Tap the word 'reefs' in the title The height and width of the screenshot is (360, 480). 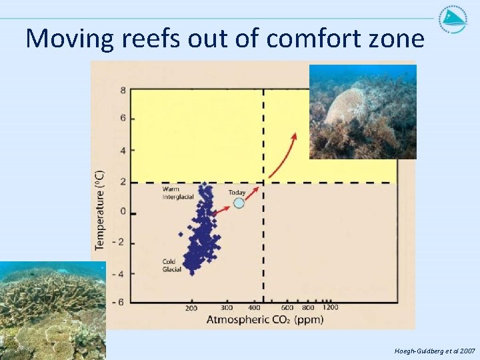pos(147,39)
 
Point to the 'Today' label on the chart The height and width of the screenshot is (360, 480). pos(237,193)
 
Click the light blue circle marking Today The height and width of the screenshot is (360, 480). pos(239,203)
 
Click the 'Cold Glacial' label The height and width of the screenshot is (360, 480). pos(169,265)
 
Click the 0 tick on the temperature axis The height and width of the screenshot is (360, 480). pos(123,212)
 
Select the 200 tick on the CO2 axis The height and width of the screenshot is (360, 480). pos(191,308)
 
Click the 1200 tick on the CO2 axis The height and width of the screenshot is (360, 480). pos(330,307)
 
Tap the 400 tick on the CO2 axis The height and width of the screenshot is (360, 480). pos(255,308)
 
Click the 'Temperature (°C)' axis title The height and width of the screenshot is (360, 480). pos(99,208)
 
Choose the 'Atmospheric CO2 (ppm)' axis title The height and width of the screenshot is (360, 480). pos(265,320)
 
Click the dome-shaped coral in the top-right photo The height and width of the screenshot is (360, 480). pos(350,104)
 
